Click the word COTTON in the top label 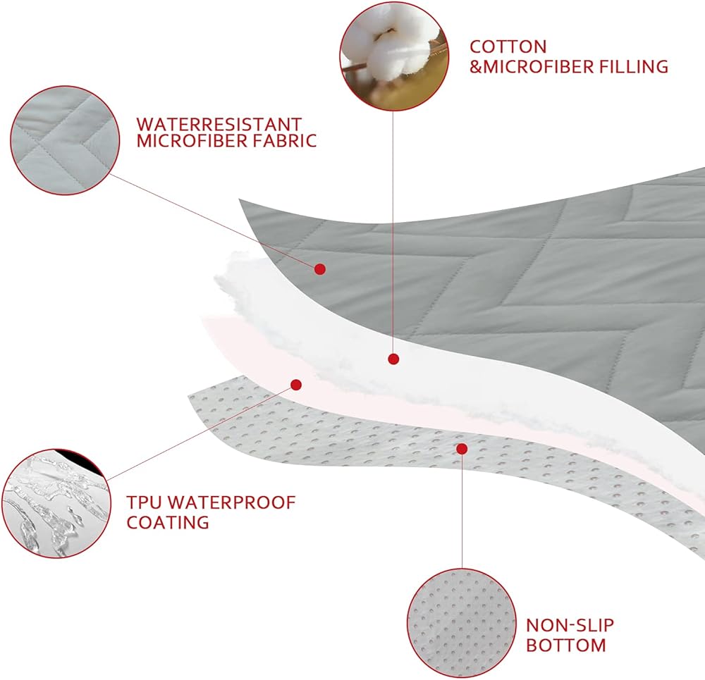click(508, 47)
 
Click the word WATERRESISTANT click(219, 124)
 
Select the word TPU click(145, 503)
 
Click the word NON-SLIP click(570, 625)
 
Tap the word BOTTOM click(566, 645)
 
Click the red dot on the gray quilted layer click(319, 268)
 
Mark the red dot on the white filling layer click(393, 359)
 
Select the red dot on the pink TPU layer click(297, 385)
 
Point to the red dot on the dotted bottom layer click(462, 448)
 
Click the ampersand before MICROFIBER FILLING click(475, 67)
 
